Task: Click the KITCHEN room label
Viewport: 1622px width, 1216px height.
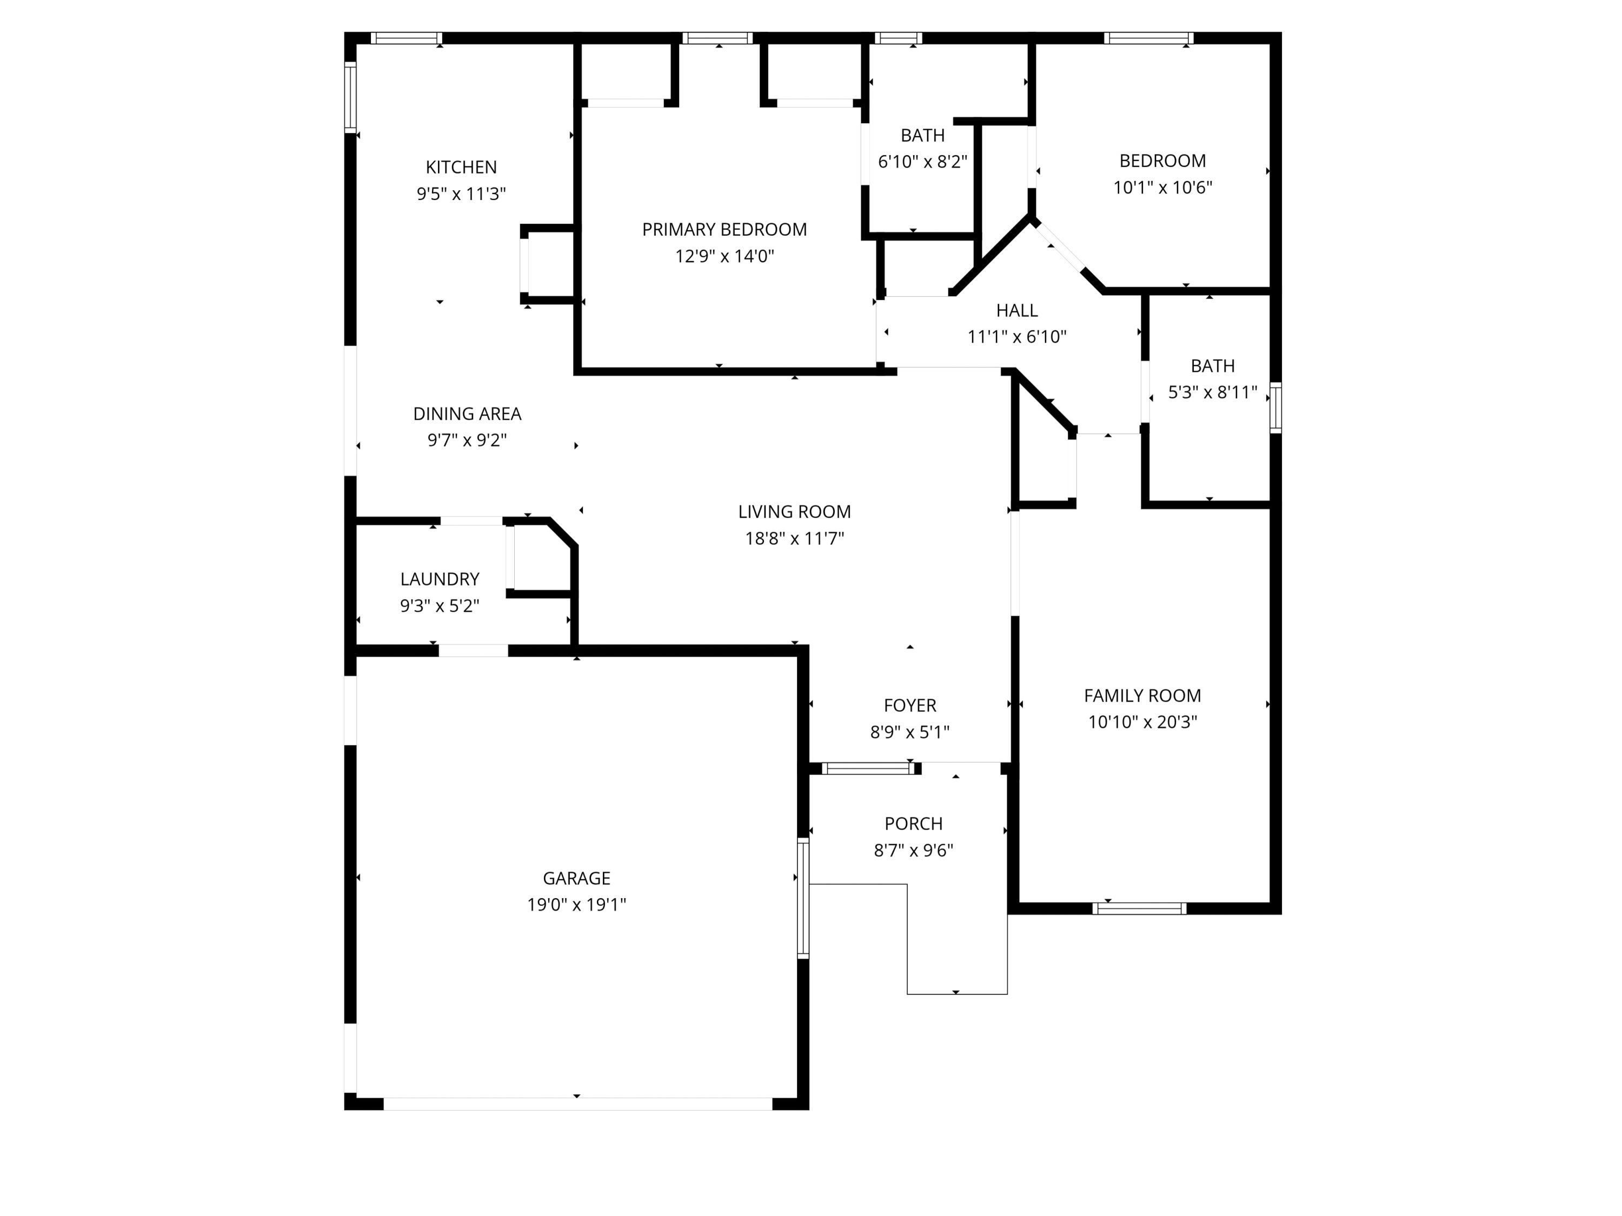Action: [x=461, y=167]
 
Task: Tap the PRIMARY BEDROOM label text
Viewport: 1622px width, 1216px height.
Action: [x=724, y=230]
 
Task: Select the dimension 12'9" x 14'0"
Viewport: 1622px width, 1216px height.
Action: [x=724, y=256]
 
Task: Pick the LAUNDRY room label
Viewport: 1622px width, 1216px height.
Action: [x=440, y=579]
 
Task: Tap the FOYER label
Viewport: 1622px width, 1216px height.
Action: [x=910, y=705]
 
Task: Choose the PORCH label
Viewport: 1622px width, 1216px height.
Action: [x=914, y=823]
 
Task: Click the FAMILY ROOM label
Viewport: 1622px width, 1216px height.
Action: [x=1142, y=695]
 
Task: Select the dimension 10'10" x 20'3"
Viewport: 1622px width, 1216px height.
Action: [x=1142, y=721]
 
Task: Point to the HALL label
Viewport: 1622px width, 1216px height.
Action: [x=1017, y=310]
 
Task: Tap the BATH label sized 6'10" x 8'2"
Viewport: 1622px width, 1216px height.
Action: [x=922, y=135]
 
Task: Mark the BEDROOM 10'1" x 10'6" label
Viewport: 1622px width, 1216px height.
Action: [x=1162, y=161]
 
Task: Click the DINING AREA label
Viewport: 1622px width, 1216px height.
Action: [x=467, y=413]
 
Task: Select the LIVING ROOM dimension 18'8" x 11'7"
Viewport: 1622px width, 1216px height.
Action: [x=794, y=538]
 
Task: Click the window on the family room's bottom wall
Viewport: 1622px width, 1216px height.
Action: [x=1139, y=908]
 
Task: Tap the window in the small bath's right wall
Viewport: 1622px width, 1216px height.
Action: [x=1276, y=407]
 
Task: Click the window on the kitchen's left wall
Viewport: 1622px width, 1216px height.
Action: [x=350, y=97]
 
